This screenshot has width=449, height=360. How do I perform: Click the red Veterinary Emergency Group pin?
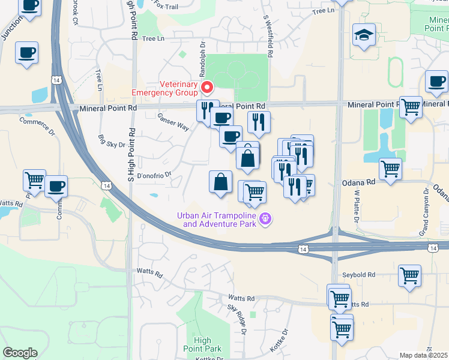tap(208, 88)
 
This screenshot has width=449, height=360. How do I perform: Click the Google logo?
tap(20, 353)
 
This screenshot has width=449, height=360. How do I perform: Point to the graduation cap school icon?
tap(364, 34)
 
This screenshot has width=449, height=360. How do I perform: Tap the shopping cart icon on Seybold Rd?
tap(410, 276)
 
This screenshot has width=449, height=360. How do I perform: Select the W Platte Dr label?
tap(356, 207)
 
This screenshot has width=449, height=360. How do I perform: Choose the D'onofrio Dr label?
tap(154, 176)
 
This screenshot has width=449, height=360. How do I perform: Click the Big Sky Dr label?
tap(112, 142)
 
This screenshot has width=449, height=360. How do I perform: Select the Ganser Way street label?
tap(173, 122)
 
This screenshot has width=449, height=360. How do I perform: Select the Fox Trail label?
tap(167, 5)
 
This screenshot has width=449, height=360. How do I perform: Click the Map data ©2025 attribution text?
tap(423, 355)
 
